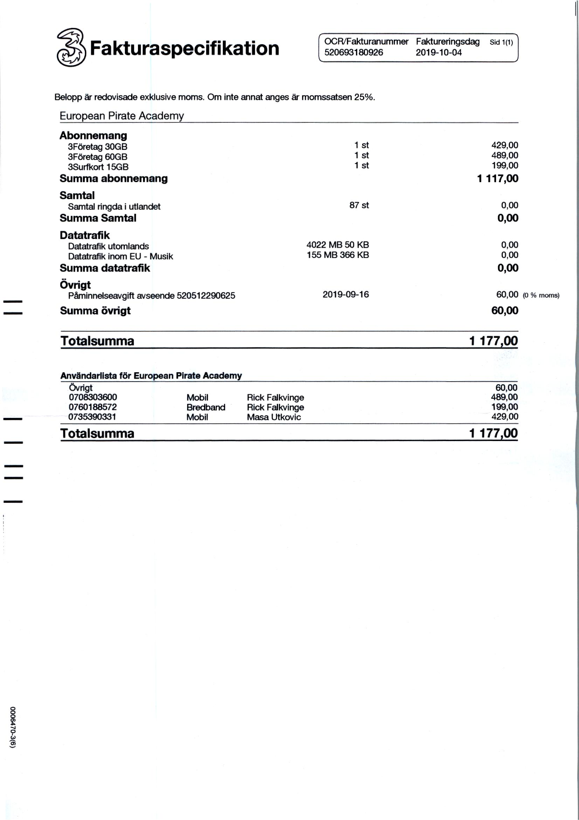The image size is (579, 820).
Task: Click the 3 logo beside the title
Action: click(x=71, y=48)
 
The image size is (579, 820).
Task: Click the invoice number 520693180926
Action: click(x=353, y=53)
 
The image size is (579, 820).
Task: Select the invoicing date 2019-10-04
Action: click(x=438, y=53)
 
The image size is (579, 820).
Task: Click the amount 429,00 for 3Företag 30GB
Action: click(x=505, y=145)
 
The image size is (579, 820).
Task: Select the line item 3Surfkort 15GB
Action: click(x=98, y=167)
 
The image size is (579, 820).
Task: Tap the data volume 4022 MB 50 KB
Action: click(x=338, y=245)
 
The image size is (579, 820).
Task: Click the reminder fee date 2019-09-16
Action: click(x=345, y=294)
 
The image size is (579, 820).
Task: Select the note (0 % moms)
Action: click(x=541, y=295)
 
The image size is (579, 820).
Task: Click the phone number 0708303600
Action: click(x=93, y=397)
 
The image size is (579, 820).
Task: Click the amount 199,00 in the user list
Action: click(x=505, y=407)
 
